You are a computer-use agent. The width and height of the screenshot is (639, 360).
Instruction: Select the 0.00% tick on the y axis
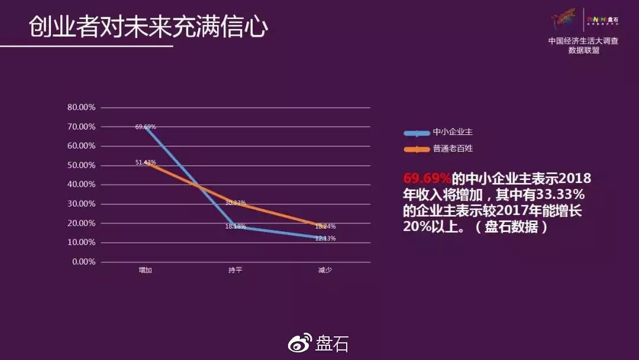tap(85, 262)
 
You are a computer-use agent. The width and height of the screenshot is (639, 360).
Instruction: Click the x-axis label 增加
tap(145, 270)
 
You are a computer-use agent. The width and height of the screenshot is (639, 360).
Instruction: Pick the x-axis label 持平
tap(235, 270)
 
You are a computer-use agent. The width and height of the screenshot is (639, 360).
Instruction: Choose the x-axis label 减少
tap(325, 270)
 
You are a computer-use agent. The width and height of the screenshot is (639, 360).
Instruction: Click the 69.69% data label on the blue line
tap(146, 127)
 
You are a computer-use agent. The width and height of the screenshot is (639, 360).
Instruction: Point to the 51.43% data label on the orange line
tap(146, 162)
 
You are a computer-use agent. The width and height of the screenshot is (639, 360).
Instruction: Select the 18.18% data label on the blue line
tap(235, 227)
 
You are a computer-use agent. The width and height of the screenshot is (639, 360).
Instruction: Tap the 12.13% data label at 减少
tap(325, 238)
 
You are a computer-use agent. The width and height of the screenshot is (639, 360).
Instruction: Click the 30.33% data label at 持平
tap(235, 202)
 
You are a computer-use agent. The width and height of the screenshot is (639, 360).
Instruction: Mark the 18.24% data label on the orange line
tap(325, 226)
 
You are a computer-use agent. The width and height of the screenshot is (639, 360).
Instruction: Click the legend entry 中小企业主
tap(453, 132)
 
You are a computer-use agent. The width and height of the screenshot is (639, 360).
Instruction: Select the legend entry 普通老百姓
tap(453, 149)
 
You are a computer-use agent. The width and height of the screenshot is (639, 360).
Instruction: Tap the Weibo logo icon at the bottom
tap(300, 343)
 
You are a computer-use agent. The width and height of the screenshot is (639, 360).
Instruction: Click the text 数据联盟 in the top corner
tap(583, 51)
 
